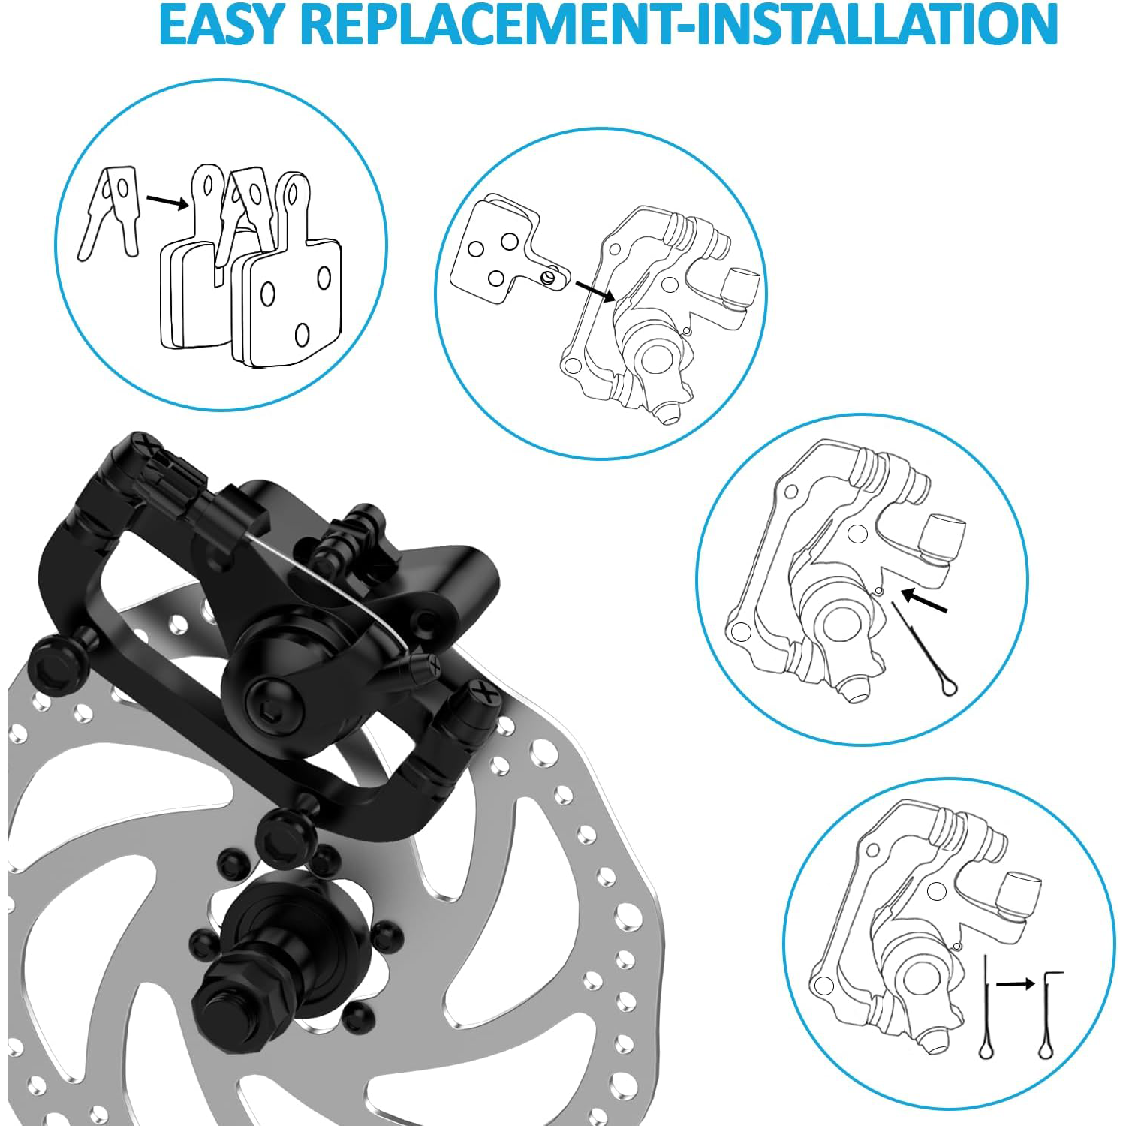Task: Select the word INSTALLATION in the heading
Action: pos(878,25)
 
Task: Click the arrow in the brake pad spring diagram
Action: pos(167,201)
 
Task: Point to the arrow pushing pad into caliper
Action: pos(595,291)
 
